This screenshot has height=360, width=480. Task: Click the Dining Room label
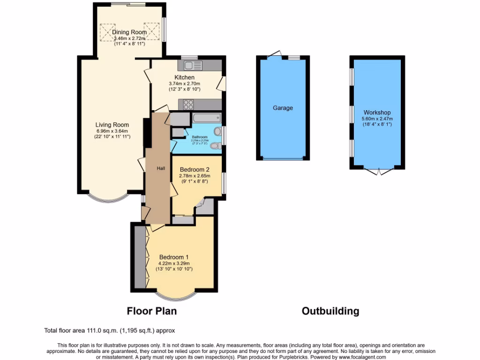129,32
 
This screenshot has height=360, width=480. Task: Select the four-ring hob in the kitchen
188,104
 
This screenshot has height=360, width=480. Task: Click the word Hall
161,168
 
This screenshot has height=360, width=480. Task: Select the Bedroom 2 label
194,169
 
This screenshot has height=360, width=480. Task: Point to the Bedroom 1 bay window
175,296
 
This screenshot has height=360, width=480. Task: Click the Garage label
283,108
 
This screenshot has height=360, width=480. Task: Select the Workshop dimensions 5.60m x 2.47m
377,119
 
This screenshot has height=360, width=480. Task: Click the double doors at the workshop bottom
377,172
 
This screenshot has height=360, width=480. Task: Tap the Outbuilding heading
330,311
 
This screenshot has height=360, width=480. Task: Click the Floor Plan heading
152,311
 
